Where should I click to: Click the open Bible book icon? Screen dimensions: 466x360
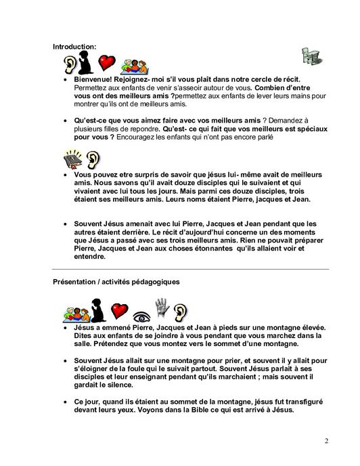point(74,161)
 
